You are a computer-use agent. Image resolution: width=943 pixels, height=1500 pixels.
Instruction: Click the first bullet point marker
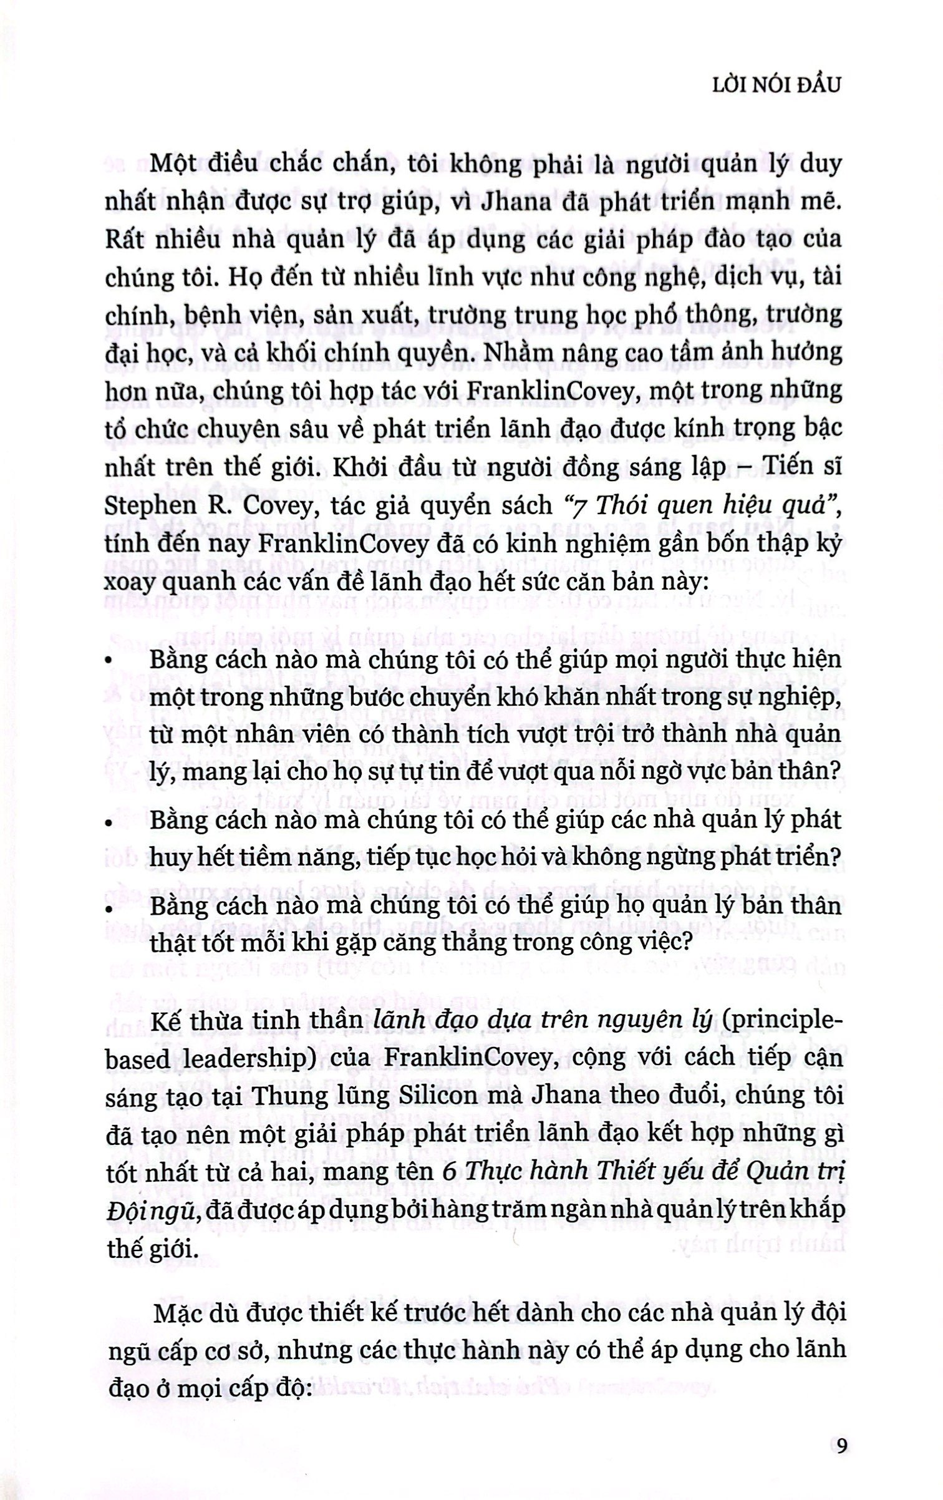point(109,661)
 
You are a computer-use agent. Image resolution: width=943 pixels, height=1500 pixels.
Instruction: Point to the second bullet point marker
point(109,822)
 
